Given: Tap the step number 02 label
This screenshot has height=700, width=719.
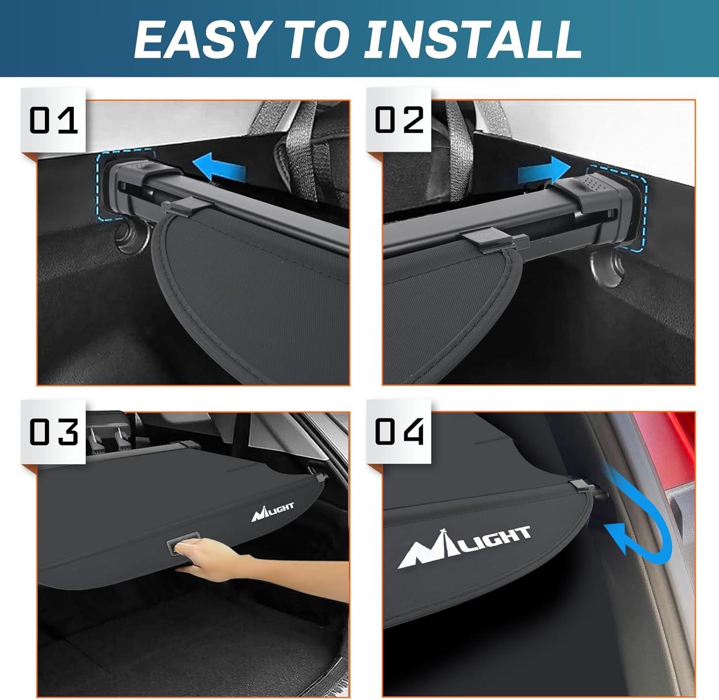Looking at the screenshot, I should (x=399, y=120).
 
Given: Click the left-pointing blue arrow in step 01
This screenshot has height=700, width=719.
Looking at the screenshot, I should (x=219, y=168).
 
